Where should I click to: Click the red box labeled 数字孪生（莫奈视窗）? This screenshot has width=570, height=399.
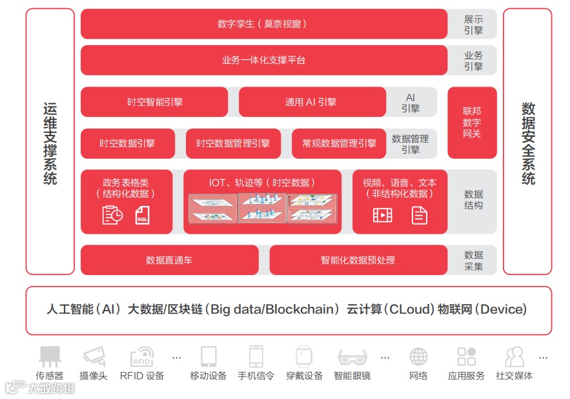click(263, 24)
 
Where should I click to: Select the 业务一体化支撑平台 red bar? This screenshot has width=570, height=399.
click(263, 60)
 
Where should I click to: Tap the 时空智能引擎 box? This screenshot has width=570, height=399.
click(154, 102)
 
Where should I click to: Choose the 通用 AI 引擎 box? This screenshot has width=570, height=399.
click(311, 102)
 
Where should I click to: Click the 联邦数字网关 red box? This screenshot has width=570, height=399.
click(472, 123)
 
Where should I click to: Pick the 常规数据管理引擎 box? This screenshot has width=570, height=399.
click(339, 143)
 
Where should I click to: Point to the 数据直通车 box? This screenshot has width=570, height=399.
click(169, 260)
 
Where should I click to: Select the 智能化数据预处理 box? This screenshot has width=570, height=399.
click(358, 260)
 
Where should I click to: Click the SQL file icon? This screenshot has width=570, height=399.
click(143, 215)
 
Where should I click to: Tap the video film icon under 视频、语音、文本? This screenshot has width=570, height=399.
click(382, 215)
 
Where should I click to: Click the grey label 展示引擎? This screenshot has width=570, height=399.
click(473, 25)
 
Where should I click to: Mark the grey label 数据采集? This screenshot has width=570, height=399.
click(473, 260)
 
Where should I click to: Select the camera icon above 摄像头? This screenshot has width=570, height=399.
click(94, 356)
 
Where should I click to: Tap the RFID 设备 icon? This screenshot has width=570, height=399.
click(141, 356)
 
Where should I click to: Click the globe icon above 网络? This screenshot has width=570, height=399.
click(418, 356)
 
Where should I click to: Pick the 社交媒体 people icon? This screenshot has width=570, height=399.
click(514, 356)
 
